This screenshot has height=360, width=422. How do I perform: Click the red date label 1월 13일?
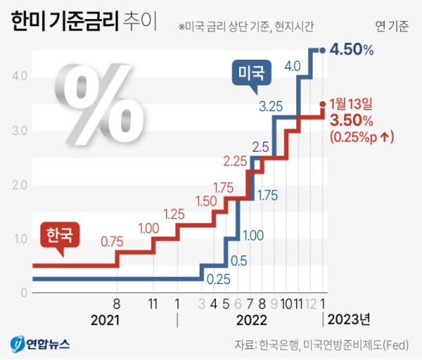pos(353,105)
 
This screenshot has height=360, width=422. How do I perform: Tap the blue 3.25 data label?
pos(271,108)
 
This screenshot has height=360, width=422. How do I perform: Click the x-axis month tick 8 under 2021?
pos(117,304)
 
